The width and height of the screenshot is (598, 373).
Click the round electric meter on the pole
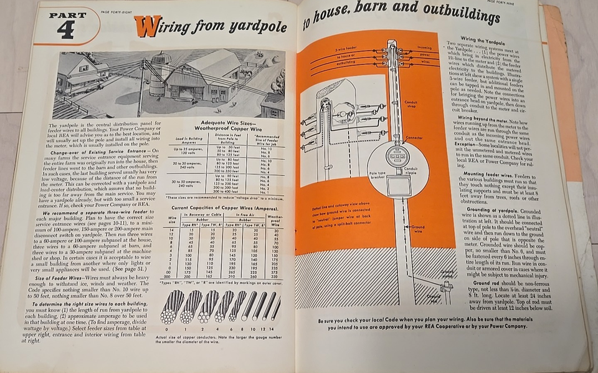coord(394,155)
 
